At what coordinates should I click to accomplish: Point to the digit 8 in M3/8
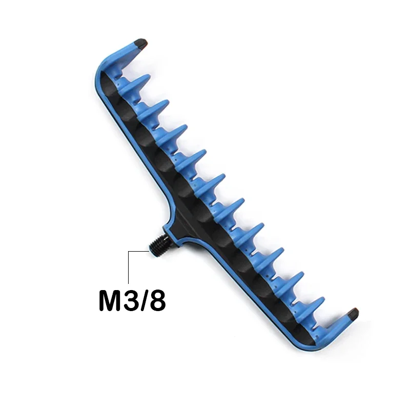(157, 301)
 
